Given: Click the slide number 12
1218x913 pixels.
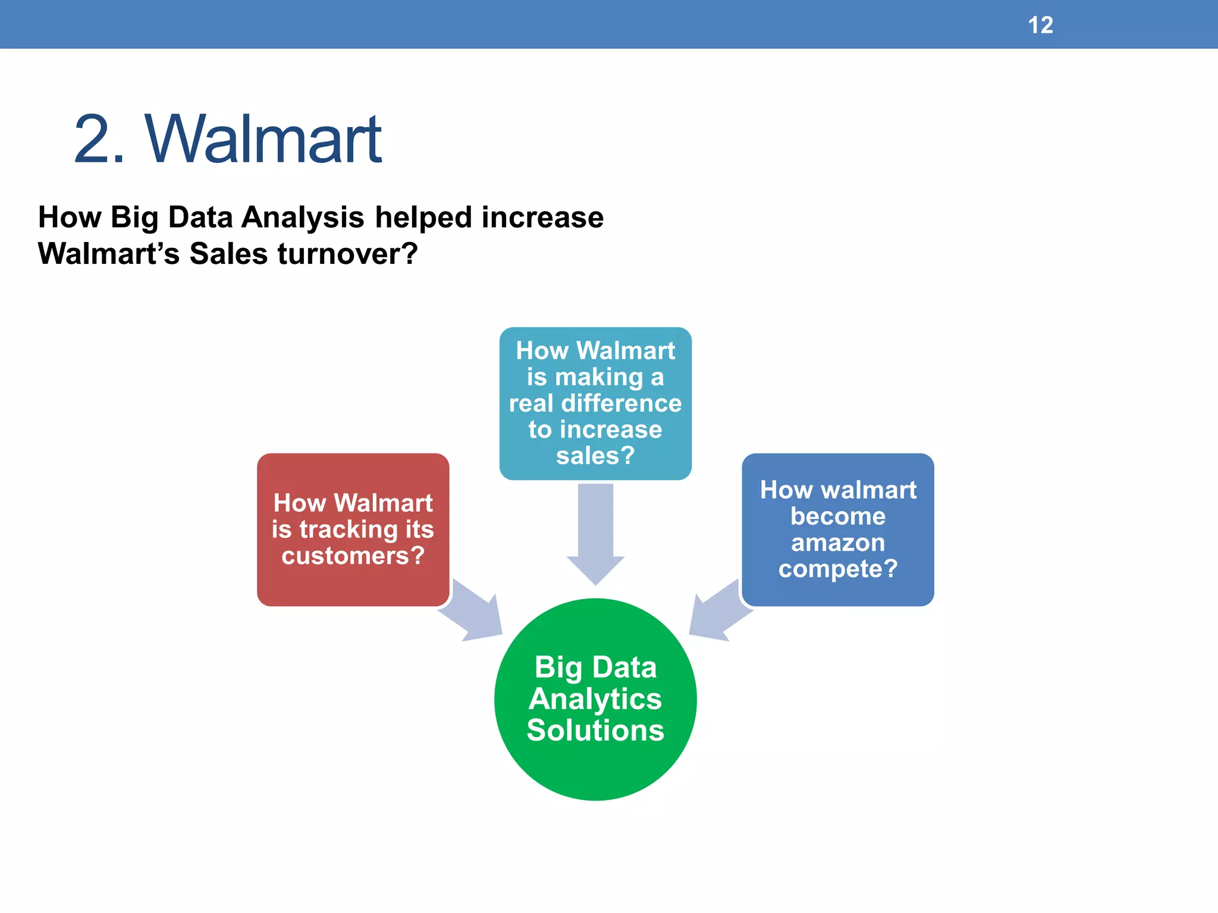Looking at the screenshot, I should pyautogui.click(x=1040, y=25).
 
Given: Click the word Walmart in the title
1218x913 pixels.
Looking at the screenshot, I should pyautogui.click(x=263, y=139).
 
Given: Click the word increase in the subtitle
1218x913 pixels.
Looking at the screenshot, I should pyautogui.click(x=542, y=217).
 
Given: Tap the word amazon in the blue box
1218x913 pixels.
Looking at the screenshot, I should pyautogui.click(x=837, y=543).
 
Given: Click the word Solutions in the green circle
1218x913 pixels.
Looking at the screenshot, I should pyautogui.click(x=595, y=730).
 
